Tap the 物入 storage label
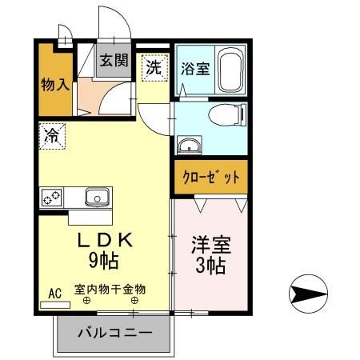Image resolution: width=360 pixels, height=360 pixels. [x=53, y=83]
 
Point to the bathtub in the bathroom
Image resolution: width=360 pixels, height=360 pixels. [x=230, y=70]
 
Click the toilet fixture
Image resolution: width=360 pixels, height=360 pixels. [x=226, y=117]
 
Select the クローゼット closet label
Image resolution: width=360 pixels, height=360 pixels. [x=209, y=177]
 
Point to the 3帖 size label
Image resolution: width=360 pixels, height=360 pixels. [x=210, y=265]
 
